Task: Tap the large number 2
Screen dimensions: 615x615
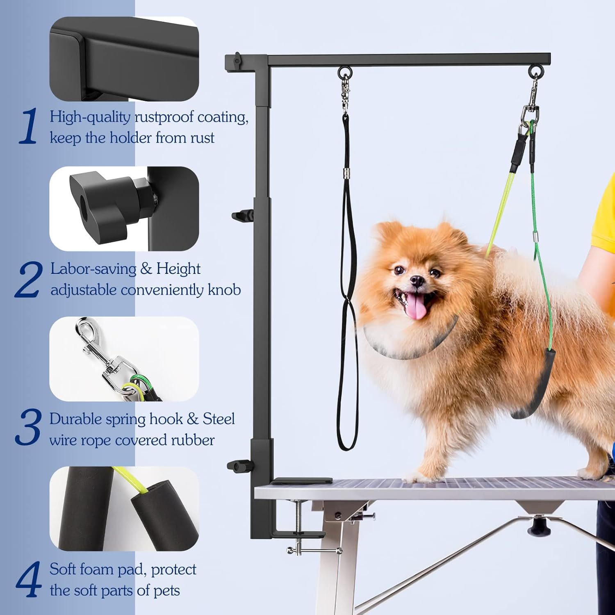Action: coord(29,280)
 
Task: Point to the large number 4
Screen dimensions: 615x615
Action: coord(29,579)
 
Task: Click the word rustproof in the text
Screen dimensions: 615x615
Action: coord(164,117)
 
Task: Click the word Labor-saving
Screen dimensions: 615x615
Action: coord(93,269)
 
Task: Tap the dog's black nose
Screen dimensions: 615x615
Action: coord(417,281)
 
